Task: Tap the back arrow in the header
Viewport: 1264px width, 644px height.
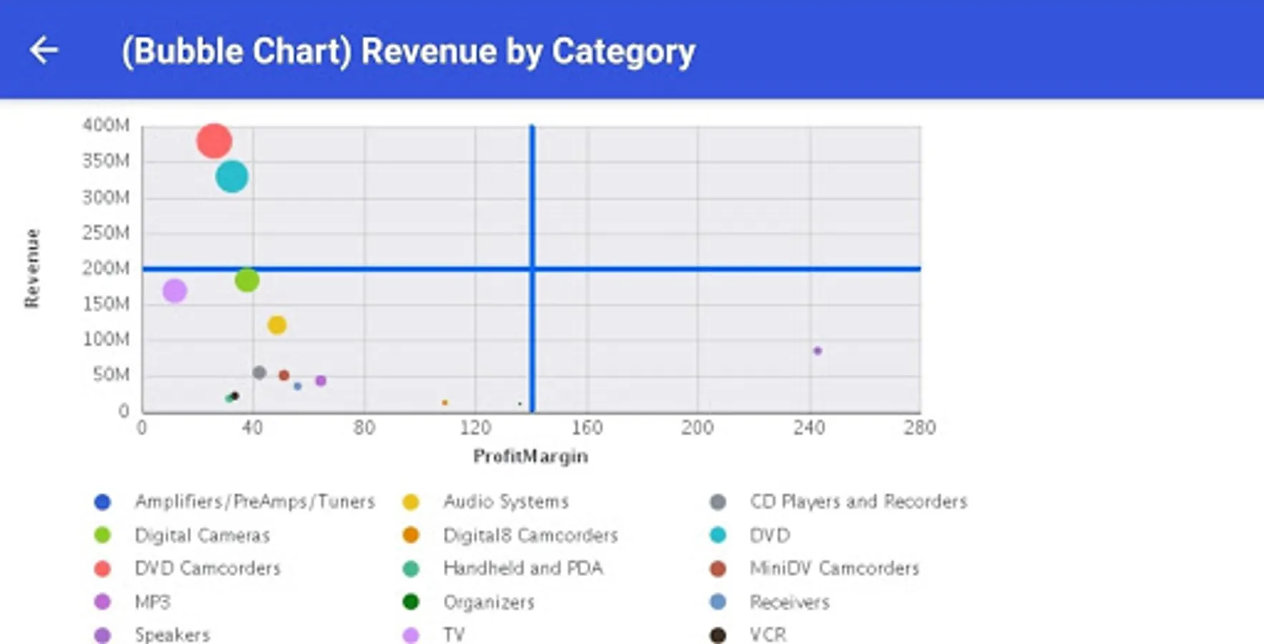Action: tap(44, 50)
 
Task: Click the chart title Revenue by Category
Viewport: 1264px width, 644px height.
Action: tap(408, 52)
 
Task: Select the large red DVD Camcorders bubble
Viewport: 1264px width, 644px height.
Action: tap(214, 140)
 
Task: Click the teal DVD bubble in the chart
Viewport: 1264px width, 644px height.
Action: tap(232, 176)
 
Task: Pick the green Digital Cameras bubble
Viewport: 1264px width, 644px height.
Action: tap(247, 280)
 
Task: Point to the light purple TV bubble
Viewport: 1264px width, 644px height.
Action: tap(175, 291)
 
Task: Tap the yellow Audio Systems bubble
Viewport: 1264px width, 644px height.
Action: tap(277, 325)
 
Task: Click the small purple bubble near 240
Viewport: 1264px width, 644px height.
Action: tap(817, 351)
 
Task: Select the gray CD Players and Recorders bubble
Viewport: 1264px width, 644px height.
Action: tap(259, 373)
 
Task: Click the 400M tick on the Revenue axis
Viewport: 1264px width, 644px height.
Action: tap(106, 125)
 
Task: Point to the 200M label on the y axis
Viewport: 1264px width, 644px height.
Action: tap(106, 268)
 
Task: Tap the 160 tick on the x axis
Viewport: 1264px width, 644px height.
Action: tap(587, 428)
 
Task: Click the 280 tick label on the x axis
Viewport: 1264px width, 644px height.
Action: tap(920, 428)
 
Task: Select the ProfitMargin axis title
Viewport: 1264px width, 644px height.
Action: tap(530, 457)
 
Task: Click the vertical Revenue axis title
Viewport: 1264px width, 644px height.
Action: tap(32, 268)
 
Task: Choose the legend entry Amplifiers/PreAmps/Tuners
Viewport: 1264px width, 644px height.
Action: tap(254, 502)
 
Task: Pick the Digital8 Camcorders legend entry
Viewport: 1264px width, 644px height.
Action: tap(530, 535)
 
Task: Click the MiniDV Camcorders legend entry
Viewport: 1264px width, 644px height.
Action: tap(834, 568)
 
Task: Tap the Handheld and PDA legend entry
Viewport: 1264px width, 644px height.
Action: tap(522, 568)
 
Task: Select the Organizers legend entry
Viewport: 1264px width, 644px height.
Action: tap(488, 602)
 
